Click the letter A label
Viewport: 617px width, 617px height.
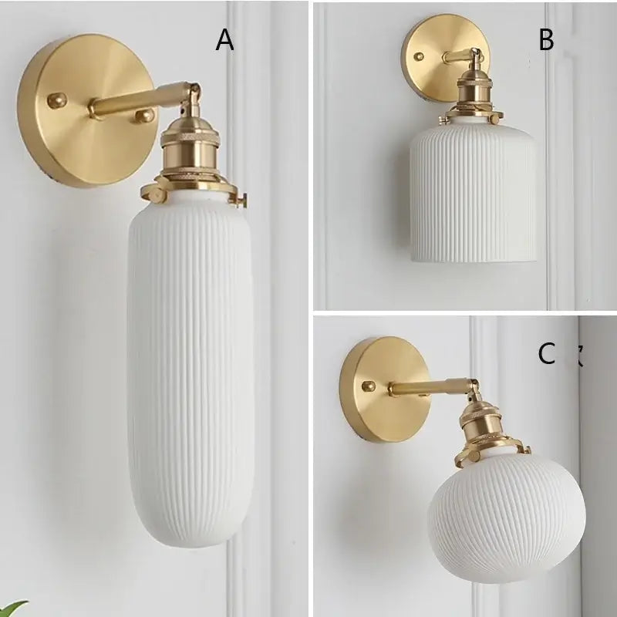(x=224, y=39)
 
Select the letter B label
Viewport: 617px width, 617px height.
(x=546, y=40)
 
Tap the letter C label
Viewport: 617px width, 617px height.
(x=546, y=354)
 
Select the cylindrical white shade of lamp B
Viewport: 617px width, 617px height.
(x=472, y=193)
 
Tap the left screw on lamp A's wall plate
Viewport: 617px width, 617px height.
(x=56, y=99)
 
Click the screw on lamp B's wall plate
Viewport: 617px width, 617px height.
(x=419, y=56)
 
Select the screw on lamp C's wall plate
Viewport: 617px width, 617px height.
(x=369, y=385)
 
